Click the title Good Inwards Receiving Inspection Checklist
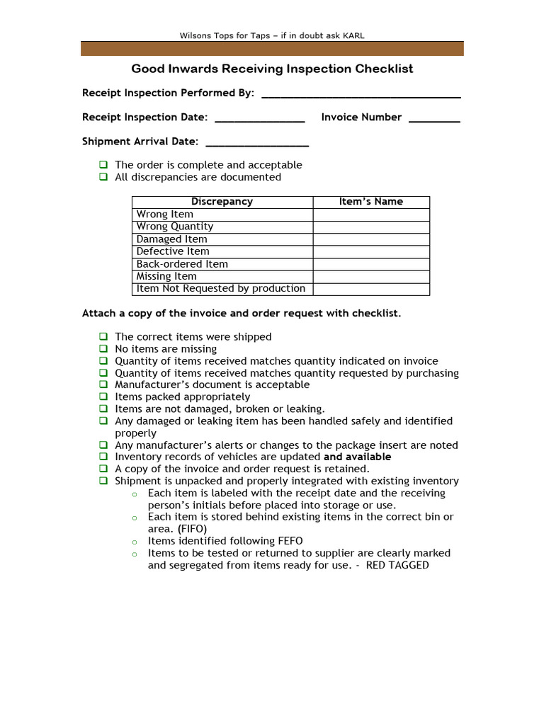tap(272, 69)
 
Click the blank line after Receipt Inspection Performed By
tap(361, 94)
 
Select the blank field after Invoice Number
tap(434, 119)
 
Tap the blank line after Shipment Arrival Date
tap(256, 143)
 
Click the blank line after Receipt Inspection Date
tap(259, 119)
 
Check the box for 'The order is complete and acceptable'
tap(103, 165)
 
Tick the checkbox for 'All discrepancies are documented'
tap(103, 177)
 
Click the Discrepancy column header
tap(222, 202)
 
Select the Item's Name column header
tap(370, 202)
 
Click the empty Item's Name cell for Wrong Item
tap(370, 215)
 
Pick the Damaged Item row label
tap(171, 239)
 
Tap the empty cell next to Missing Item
tap(370, 277)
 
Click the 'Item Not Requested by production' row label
tap(220, 289)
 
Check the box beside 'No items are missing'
tap(103, 349)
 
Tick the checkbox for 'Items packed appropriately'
tap(103, 397)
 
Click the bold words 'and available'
tap(357, 457)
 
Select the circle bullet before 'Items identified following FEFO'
tap(134, 542)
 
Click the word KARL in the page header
tap(354, 35)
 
